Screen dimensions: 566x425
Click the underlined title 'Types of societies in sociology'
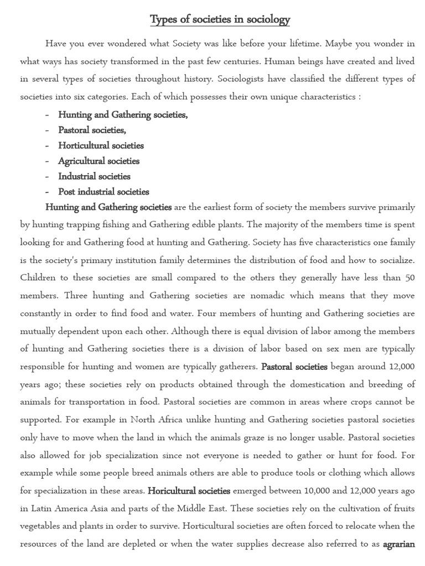tap(220, 20)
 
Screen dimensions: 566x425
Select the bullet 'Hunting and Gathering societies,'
tap(123, 115)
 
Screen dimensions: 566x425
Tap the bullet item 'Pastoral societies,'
tap(92, 130)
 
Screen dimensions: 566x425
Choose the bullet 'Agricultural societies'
tap(99, 161)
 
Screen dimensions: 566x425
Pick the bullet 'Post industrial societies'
tap(103, 192)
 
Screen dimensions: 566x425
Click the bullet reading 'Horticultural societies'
tap(101, 146)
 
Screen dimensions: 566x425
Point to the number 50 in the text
tap(409, 278)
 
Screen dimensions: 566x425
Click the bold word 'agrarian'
tap(398, 544)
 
